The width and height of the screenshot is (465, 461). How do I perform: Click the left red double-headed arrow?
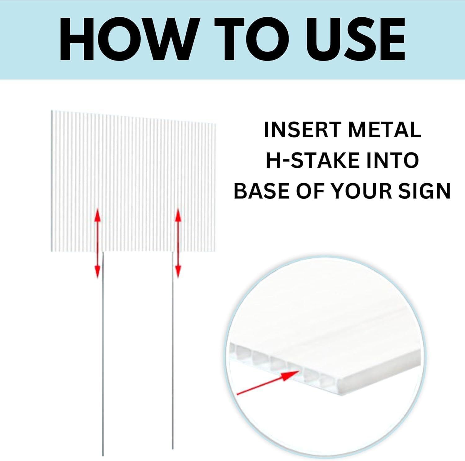(98, 243)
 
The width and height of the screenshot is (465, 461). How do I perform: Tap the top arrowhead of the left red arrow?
(98, 215)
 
